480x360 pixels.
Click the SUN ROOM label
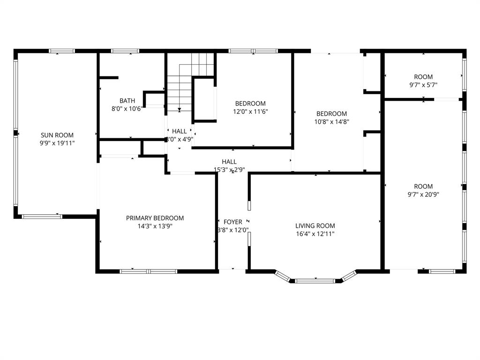point(57,135)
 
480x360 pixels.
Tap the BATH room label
point(127,100)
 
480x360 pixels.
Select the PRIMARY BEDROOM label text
point(155,218)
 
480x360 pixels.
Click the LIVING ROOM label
point(315,225)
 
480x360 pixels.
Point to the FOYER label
point(233,222)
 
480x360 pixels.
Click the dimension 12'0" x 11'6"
point(250,112)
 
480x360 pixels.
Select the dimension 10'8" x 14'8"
point(331,121)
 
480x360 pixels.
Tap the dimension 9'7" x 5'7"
point(423,85)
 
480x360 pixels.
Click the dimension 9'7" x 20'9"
point(423,194)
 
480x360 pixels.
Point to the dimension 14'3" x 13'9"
point(155,226)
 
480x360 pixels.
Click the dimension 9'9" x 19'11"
point(57,143)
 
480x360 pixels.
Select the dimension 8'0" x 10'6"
point(127,108)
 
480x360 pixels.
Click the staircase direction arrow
point(179,110)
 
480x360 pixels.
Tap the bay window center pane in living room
point(315,281)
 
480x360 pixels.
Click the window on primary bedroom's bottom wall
point(148,271)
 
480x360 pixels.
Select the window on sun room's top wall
point(61,51)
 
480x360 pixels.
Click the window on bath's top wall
point(125,51)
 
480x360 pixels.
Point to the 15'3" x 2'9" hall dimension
point(229,170)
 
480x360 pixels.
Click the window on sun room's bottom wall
point(42,216)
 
